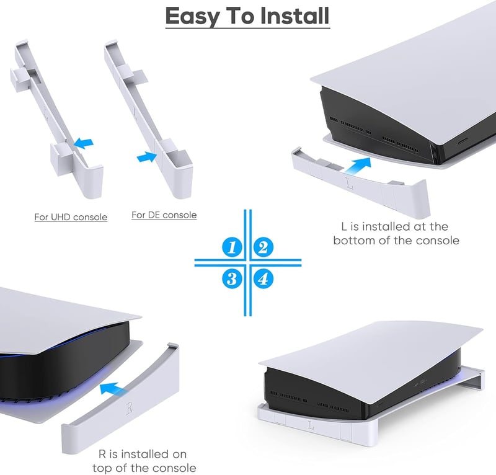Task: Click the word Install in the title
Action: [294, 16]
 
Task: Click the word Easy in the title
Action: [192, 17]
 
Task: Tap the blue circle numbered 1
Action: [232, 247]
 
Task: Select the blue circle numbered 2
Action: [263, 247]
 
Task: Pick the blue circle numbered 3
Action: [232, 279]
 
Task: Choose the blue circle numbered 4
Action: [263, 279]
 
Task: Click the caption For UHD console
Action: [71, 217]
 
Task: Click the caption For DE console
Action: [164, 215]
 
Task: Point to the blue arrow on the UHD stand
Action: [83, 143]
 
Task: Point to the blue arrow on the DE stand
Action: [147, 157]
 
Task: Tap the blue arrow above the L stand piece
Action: [358, 166]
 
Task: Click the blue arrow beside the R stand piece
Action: [112, 389]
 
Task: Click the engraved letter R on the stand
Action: [130, 408]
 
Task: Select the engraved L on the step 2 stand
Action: [349, 183]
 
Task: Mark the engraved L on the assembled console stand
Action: [311, 425]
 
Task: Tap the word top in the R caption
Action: [101, 468]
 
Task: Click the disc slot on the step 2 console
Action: [463, 141]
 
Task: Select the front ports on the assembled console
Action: [420, 382]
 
